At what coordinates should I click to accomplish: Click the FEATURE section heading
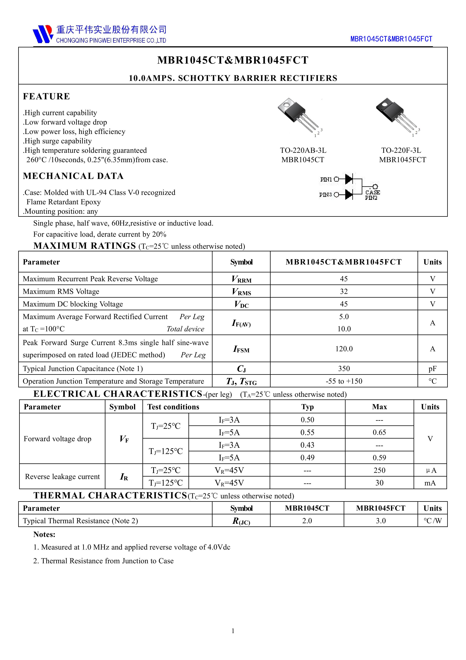[46, 96]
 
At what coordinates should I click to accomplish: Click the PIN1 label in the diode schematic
[326, 179]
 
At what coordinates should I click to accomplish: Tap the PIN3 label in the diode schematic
[325, 195]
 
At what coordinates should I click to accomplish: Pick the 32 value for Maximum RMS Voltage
[344, 291]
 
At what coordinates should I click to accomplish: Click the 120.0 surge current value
[344, 349]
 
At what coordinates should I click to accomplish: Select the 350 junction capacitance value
[344, 369]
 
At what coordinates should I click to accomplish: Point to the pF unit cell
[432, 369]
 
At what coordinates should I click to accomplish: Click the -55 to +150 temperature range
[344, 381]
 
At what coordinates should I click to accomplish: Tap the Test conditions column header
[173, 407]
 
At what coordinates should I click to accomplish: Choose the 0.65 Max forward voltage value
[379, 432]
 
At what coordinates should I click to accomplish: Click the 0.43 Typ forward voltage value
[307, 445]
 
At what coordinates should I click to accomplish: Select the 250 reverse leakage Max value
[379, 470]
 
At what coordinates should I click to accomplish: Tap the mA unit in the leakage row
[430, 483]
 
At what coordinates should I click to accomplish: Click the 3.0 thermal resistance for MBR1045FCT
[381, 521]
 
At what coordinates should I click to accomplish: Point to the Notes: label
[44, 534]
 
